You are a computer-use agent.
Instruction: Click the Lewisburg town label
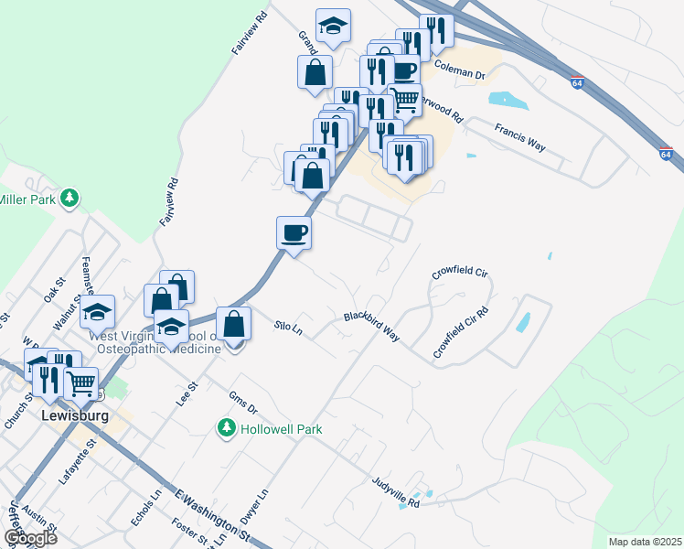(x=75, y=415)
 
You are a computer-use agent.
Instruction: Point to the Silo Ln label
(x=288, y=327)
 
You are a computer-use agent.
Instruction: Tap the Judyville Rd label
(x=395, y=491)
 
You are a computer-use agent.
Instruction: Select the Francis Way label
(x=519, y=138)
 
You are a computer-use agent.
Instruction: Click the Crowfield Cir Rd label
(x=461, y=332)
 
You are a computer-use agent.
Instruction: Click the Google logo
(x=30, y=538)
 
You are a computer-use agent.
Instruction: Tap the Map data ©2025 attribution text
(x=645, y=542)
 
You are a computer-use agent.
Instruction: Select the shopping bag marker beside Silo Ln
(x=234, y=323)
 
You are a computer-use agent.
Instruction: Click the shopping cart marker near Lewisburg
(x=81, y=382)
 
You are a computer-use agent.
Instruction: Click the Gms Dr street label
(x=243, y=403)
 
